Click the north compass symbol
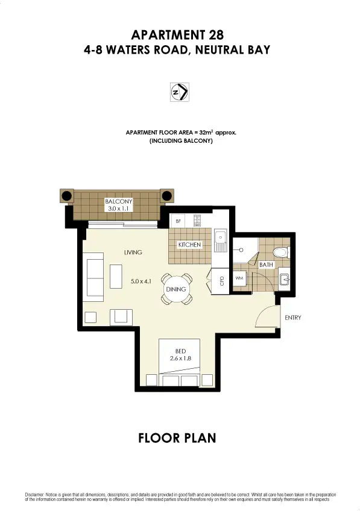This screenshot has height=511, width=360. tap(179, 92)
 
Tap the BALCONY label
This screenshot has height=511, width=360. tap(118, 201)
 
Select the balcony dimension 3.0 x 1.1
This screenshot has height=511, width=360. tap(118, 209)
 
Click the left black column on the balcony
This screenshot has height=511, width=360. tap(66, 196)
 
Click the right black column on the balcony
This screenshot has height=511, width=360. tap(167, 196)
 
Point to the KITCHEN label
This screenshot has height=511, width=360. tap(189, 245)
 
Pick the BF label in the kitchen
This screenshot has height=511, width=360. tap(178, 221)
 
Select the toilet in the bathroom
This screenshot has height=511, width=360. tap(279, 251)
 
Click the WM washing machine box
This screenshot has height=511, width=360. tap(239, 278)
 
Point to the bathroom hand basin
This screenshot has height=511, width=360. tap(283, 278)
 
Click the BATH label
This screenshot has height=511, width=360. tap(266, 265)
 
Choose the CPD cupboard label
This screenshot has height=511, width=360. tap(221, 280)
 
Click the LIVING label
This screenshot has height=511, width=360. tap(133, 252)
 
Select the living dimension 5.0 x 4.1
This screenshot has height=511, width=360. tap(141, 280)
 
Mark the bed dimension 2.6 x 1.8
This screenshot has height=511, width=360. tap(179, 359)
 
